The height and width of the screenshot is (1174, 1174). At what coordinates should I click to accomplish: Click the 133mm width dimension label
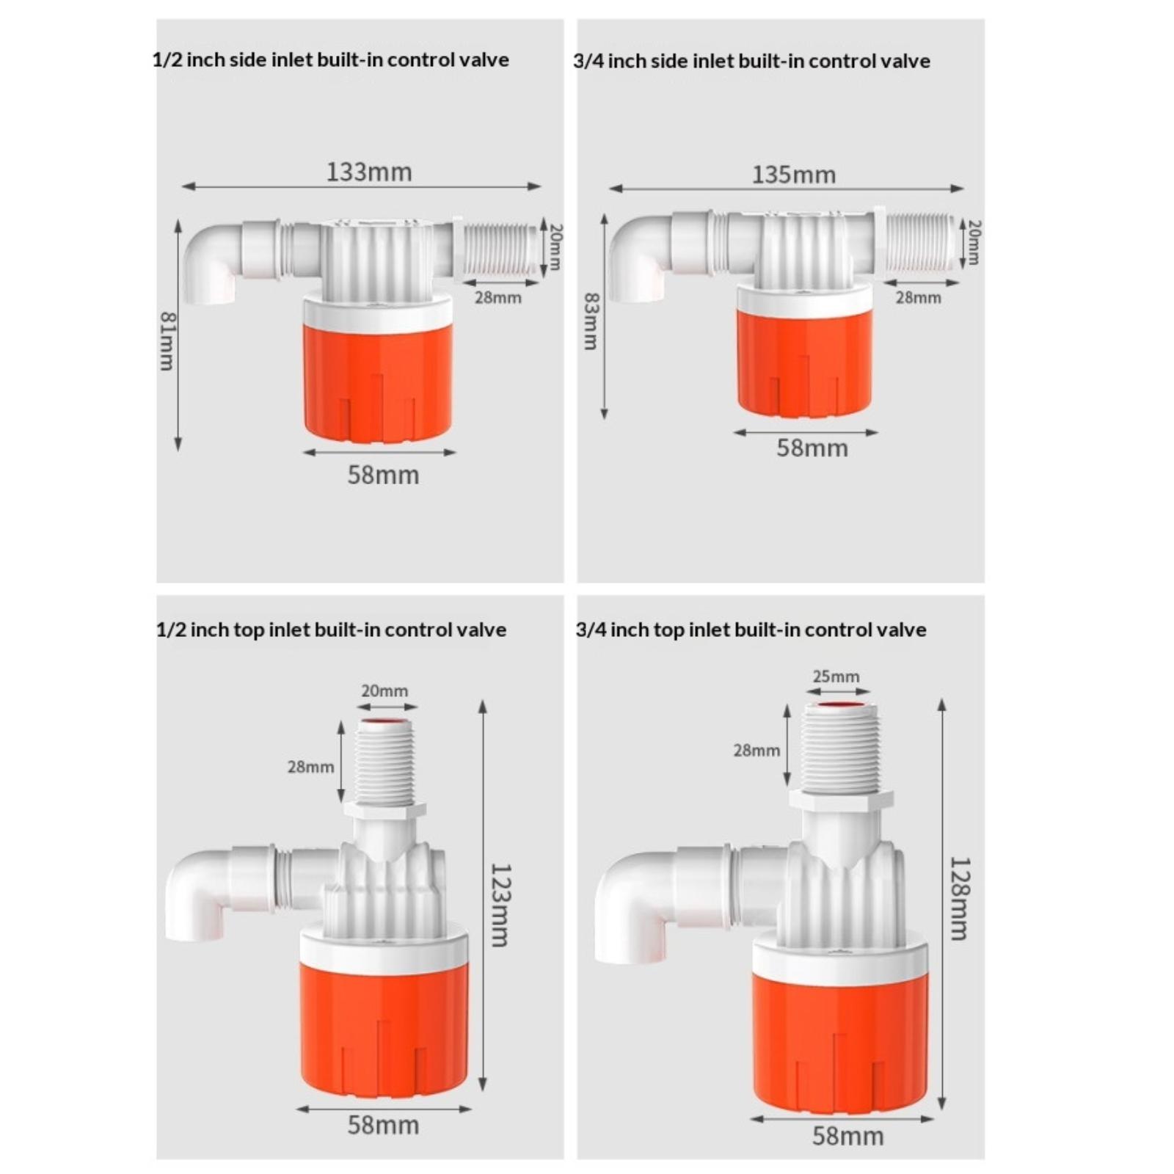click(x=369, y=172)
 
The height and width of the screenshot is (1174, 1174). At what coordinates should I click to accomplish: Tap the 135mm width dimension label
click(x=794, y=175)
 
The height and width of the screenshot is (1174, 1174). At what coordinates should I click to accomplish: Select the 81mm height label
click(x=168, y=341)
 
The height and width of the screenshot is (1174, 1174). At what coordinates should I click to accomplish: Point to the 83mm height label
click(x=591, y=321)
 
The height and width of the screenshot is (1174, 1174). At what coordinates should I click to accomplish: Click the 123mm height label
click(x=500, y=905)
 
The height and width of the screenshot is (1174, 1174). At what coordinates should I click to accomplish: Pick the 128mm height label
click(x=959, y=898)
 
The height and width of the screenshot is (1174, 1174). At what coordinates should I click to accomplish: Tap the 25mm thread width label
click(x=836, y=676)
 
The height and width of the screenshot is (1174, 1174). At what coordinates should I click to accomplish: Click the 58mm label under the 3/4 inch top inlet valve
click(x=847, y=1136)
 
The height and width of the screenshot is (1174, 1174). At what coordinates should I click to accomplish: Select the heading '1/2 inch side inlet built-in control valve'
click(x=331, y=59)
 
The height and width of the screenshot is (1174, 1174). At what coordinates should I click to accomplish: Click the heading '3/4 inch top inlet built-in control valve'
click(x=751, y=630)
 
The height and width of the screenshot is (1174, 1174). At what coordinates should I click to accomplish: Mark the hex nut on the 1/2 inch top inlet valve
click(x=384, y=811)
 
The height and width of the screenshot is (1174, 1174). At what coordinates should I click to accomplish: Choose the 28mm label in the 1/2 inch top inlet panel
click(x=310, y=767)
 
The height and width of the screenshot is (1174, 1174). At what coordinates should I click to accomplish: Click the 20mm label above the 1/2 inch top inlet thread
click(x=384, y=690)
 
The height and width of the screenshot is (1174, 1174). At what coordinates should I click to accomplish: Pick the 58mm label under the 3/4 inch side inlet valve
click(x=812, y=448)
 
